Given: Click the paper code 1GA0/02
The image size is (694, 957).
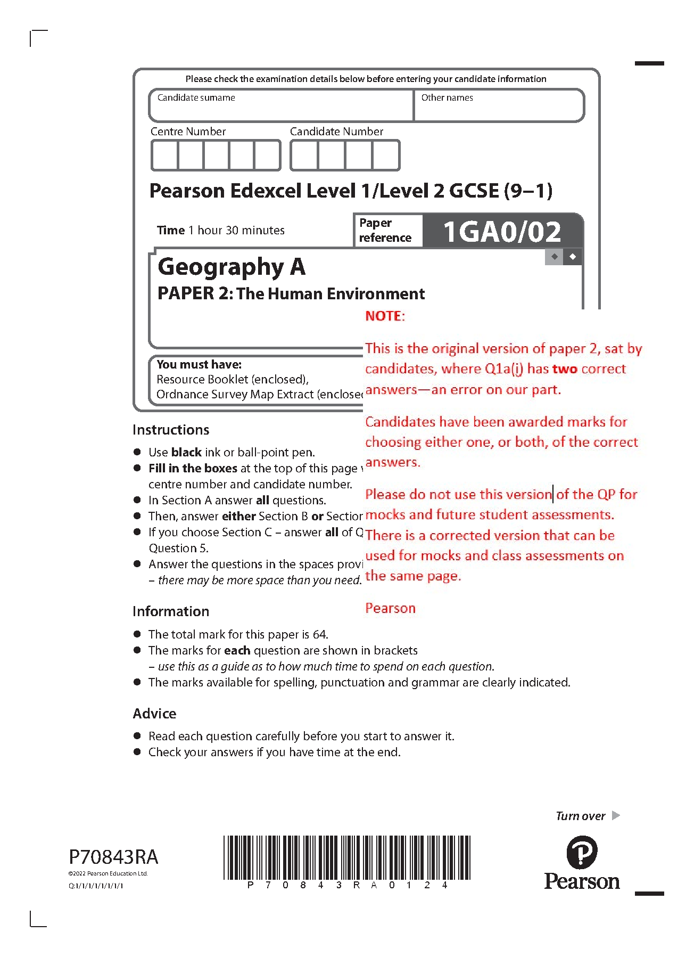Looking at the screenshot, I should pyautogui.click(x=502, y=232).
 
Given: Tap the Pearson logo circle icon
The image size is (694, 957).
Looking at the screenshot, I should pyautogui.click(x=582, y=852).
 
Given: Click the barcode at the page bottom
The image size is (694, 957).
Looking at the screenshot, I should pyautogui.click(x=347, y=857).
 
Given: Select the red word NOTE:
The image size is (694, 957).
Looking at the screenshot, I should pyautogui.click(x=385, y=316).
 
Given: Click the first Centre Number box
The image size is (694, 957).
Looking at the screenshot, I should pyautogui.click(x=164, y=156).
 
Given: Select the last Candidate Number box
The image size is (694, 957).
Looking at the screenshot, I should pyautogui.click(x=386, y=156).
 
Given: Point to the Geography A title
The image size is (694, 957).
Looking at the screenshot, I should pyautogui.click(x=232, y=267).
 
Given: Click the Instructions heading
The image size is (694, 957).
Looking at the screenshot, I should pyautogui.click(x=171, y=430).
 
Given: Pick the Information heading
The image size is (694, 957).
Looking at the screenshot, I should pyautogui.click(x=171, y=611).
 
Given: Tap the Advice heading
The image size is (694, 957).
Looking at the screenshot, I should pyautogui.click(x=154, y=714).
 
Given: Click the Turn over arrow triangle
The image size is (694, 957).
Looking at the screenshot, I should pyautogui.click(x=616, y=815).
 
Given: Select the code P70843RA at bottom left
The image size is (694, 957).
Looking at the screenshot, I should pyautogui.click(x=113, y=857).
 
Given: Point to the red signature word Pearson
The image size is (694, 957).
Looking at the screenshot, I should pyautogui.click(x=390, y=608).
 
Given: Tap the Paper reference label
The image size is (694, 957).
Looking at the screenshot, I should pyautogui.click(x=385, y=230).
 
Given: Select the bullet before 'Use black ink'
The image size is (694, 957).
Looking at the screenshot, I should pyautogui.click(x=137, y=452).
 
